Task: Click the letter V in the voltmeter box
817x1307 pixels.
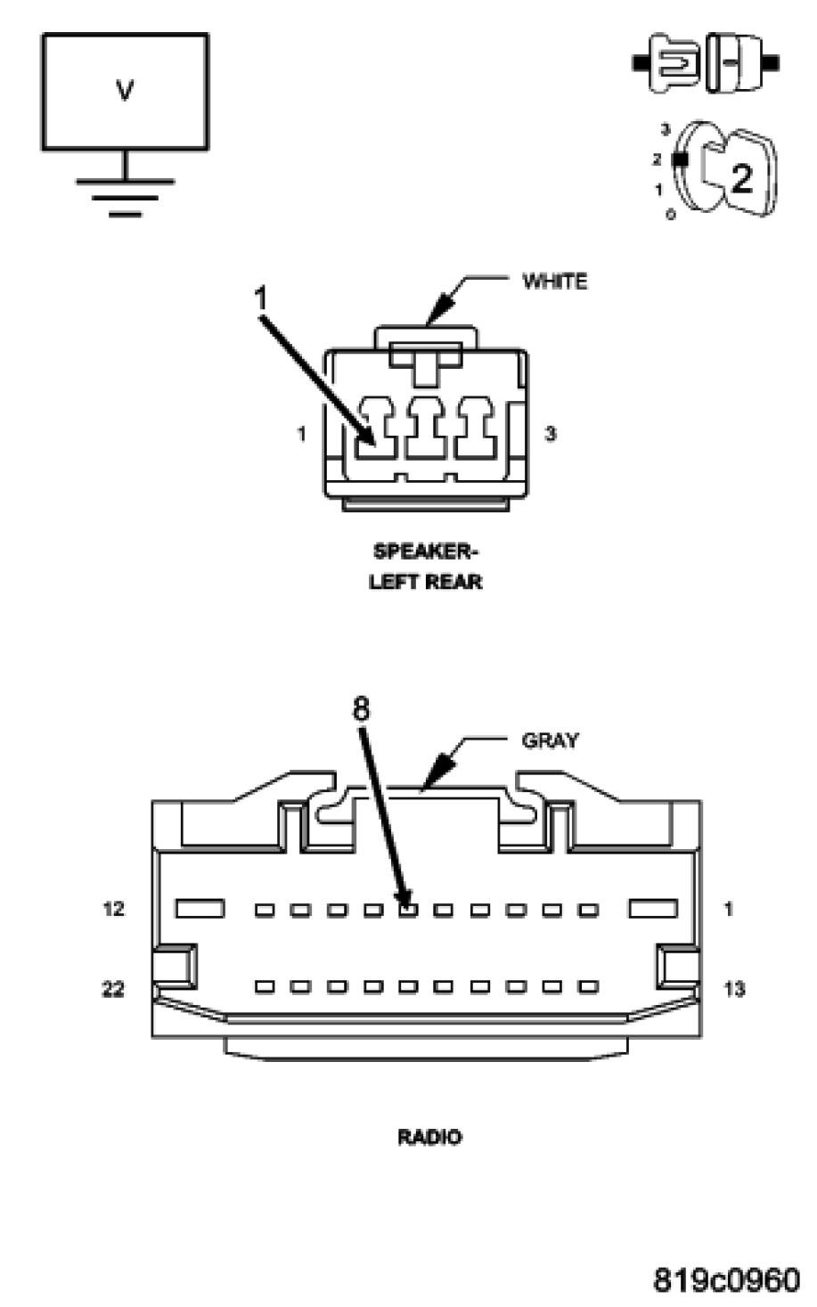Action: pyautogui.click(x=125, y=90)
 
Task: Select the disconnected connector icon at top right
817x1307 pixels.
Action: pyautogui.click(x=706, y=63)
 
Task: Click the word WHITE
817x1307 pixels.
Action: pyautogui.click(x=554, y=282)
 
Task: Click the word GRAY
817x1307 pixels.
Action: pyautogui.click(x=550, y=740)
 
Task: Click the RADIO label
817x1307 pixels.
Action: pyautogui.click(x=429, y=1137)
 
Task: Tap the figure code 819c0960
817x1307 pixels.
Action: pyautogui.click(x=726, y=1280)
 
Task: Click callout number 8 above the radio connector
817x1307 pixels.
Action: pyautogui.click(x=361, y=709)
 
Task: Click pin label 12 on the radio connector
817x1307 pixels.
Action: pyautogui.click(x=113, y=910)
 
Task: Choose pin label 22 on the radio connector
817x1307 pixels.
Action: pyautogui.click(x=112, y=989)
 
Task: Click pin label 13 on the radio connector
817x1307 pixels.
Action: pyautogui.click(x=734, y=989)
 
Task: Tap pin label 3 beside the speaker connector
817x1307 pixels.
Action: pyautogui.click(x=551, y=435)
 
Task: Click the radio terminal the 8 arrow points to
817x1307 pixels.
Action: pyautogui.click(x=408, y=910)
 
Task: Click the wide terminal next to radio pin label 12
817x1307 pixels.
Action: pyautogui.click(x=199, y=909)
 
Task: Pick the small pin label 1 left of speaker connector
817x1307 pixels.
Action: pyautogui.click(x=302, y=435)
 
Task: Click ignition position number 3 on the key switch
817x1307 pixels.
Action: pyautogui.click(x=665, y=130)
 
